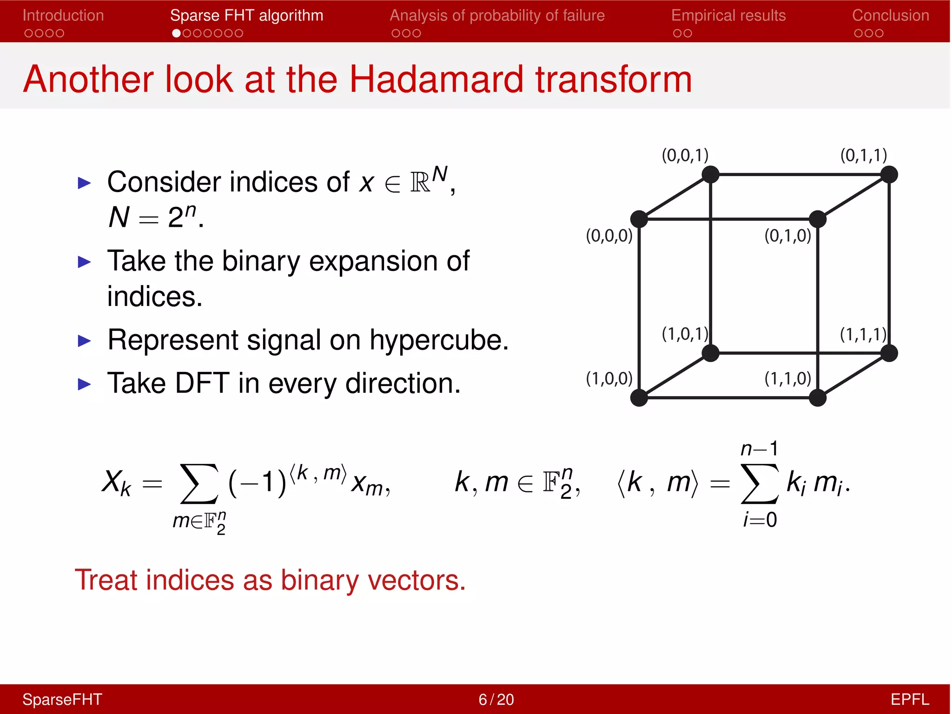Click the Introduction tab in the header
[x=63, y=15]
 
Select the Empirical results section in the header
[x=728, y=15]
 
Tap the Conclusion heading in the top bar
[x=890, y=15]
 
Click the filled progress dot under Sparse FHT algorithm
[x=176, y=33]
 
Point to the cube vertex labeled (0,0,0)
[x=639, y=219]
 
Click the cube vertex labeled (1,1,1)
[x=889, y=353]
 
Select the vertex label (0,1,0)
[x=787, y=236]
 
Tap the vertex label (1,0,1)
[x=685, y=334]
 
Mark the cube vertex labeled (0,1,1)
[x=889, y=175]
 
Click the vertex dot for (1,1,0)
[x=817, y=398]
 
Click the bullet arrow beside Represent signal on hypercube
[x=84, y=341]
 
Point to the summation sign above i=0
[x=760, y=483]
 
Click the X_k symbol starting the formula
[x=116, y=483]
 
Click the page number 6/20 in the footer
[x=496, y=699]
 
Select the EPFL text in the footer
[x=909, y=699]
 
